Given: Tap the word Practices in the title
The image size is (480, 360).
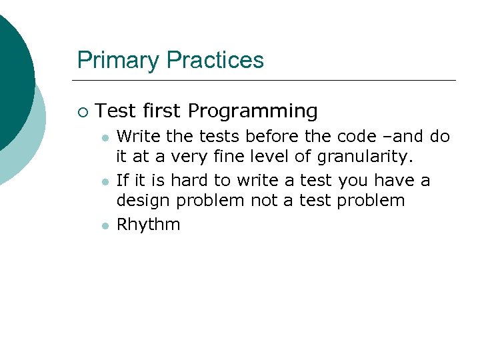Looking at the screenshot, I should click(x=215, y=61).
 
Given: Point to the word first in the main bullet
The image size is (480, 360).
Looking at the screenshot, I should click(x=163, y=111).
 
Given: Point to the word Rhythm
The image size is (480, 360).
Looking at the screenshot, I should click(x=148, y=225).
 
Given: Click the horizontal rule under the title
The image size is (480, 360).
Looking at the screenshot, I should click(x=267, y=81).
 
